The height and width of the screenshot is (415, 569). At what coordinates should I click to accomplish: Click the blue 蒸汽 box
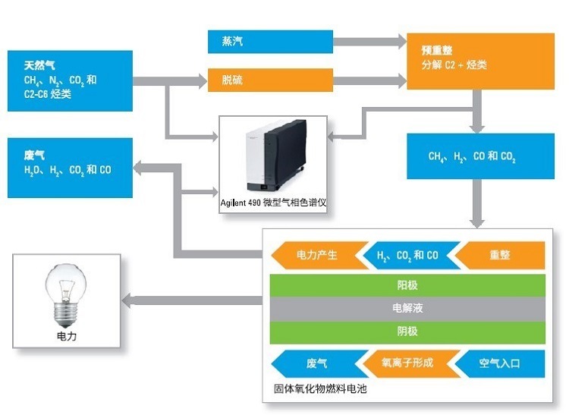point(270,42)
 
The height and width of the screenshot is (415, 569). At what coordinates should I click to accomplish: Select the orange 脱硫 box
point(270,80)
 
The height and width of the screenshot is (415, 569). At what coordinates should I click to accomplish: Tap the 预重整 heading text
point(437,50)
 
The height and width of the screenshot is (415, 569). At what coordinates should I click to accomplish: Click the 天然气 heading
point(39,66)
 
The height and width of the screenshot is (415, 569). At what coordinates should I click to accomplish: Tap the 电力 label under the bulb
point(67,335)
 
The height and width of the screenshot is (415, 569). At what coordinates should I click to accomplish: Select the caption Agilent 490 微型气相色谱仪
point(272,203)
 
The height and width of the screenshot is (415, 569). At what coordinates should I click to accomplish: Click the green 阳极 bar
point(407,285)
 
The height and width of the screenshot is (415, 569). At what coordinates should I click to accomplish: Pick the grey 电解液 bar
point(407,308)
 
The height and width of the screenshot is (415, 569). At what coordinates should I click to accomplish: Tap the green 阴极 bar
point(407,332)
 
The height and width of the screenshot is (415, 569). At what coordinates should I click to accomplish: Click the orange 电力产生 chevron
point(316,256)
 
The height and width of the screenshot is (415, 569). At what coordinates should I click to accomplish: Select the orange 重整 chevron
point(500,256)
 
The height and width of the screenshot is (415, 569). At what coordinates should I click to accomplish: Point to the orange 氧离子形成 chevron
point(407,363)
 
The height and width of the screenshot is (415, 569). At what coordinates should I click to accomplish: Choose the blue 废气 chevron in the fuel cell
point(316,363)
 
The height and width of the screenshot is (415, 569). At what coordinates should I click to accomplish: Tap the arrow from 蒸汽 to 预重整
point(369,42)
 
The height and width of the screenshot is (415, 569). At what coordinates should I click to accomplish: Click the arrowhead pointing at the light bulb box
point(130,302)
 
